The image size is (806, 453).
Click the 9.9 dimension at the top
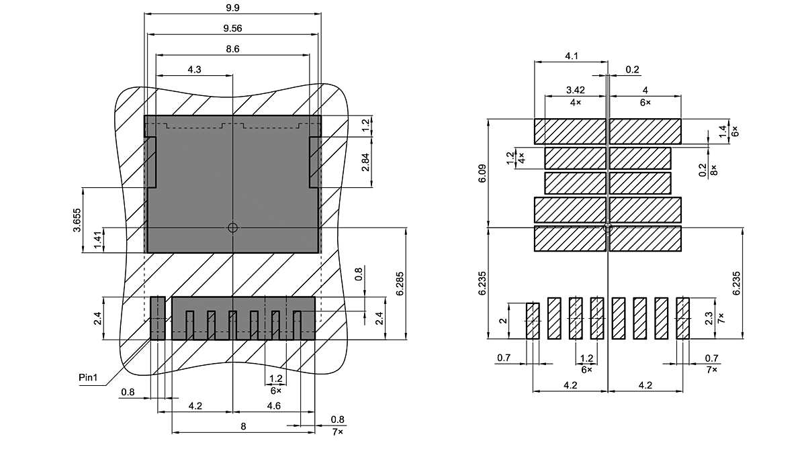pyautogui.click(x=233, y=7)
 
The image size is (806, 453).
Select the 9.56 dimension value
pyautogui.click(x=233, y=28)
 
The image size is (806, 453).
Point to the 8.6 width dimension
pyautogui.click(x=233, y=49)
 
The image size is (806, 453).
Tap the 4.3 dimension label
pyautogui.click(x=195, y=70)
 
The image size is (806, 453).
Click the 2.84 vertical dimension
pyautogui.click(x=365, y=162)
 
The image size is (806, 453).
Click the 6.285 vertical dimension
pyautogui.click(x=400, y=284)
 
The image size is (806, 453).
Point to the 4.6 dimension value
pyautogui.click(x=274, y=406)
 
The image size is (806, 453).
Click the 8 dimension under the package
pyautogui.click(x=243, y=426)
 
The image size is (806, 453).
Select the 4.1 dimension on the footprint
pyautogui.click(x=572, y=56)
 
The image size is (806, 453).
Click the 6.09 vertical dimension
pyautogui.click(x=482, y=173)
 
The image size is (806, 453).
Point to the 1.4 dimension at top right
pyautogui.click(x=723, y=132)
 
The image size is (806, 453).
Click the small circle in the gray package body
pyautogui.click(x=233, y=228)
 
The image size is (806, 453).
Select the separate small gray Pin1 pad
pyautogui.click(x=157, y=318)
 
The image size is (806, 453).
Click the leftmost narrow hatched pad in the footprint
pyautogui.click(x=533, y=321)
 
